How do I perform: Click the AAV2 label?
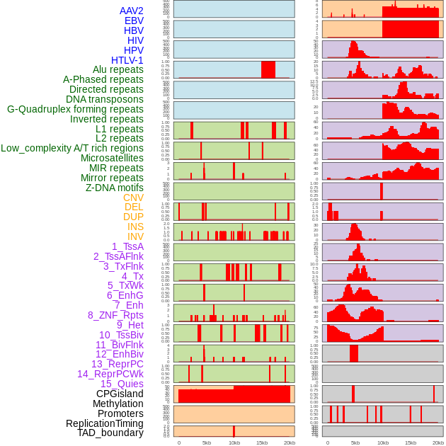(x=132, y=11)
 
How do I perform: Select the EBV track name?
(x=134, y=21)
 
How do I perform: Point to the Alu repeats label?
(x=118, y=69)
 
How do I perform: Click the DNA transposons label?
(x=105, y=99)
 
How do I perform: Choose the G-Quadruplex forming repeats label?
(x=75, y=109)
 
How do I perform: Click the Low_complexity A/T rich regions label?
(x=72, y=148)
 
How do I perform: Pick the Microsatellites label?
(x=112, y=158)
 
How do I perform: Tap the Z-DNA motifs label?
(x=115, y=188)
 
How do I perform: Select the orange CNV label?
(x=133, y=198)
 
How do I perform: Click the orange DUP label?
(x=133, y=217)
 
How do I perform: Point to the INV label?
(x=135, y=236)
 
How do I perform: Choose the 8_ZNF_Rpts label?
(x=115, y=315)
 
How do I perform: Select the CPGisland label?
(x=120, y=394)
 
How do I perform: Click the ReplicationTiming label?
(x=105, y=423)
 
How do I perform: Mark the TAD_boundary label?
(x=110, y=433)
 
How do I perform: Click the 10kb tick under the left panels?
(x=234, y=442)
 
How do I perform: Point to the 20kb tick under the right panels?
(x=438, y=442)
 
